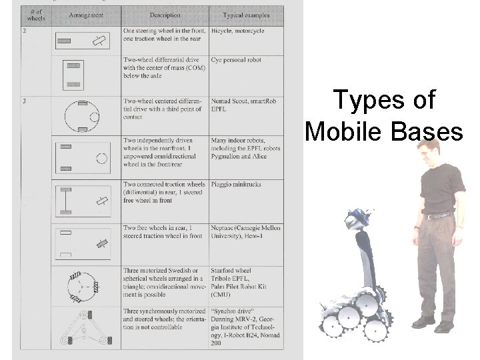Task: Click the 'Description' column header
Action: pyautogui.click(x=165, y=15)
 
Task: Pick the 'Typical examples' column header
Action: pyautogui.click(x=246, y=15)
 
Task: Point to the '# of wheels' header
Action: pyautogui.click(x=35, y=14)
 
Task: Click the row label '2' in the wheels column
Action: pyautogui.click(x=25, y=31)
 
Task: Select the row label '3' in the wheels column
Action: pyautogui.click(x=25, y=101)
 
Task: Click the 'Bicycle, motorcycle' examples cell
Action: pyautogui.click(x=237, y=31)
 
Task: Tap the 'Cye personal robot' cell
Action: pyautogui.click(x=236, y=60)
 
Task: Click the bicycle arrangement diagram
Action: pyautogui.click(x=83, y=41)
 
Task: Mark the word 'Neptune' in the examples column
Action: pyautogui.click(x=223, y=228)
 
